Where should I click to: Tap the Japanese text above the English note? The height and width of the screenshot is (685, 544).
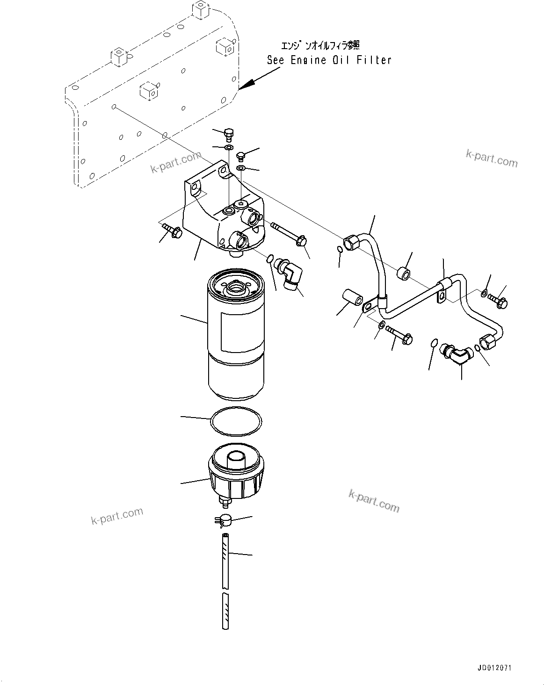coord(320,45)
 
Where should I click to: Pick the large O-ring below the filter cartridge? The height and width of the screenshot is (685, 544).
coord(235,421)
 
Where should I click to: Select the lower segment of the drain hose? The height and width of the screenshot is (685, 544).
coord(225,611)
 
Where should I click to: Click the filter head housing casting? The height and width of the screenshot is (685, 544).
coord(220,210)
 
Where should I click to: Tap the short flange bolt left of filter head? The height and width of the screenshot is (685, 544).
coord(173,231)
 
